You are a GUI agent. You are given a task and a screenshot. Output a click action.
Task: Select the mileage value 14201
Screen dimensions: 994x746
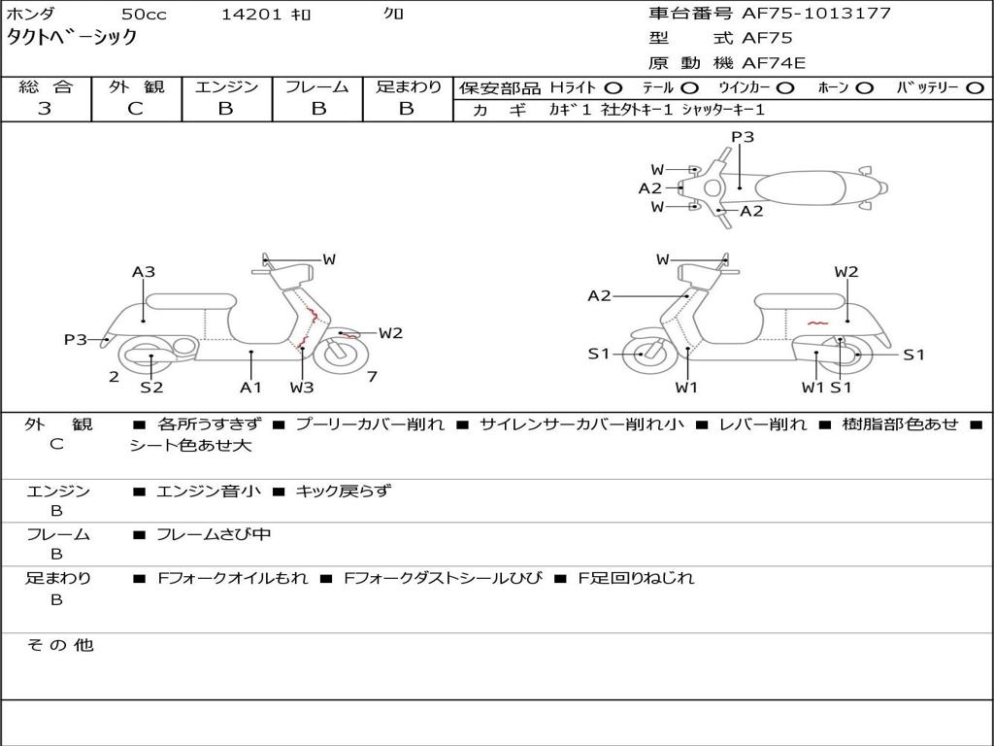[251, 15]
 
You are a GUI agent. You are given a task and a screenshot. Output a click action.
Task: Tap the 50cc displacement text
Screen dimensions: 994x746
[143, 15]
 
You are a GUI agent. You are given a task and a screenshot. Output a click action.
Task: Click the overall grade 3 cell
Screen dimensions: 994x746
[45, 109]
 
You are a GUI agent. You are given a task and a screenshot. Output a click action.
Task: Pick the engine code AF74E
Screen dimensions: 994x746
[774, 64]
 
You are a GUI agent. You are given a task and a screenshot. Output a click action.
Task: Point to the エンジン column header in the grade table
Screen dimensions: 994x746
[226, 87]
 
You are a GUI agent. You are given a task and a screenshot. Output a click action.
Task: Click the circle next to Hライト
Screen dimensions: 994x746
[613, 88]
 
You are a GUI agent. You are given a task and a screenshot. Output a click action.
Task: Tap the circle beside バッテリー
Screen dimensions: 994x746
[975, 88]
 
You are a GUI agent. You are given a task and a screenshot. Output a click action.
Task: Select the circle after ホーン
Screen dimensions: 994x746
[865, 88]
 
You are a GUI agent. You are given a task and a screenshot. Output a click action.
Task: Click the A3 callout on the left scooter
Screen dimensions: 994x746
[144, 272]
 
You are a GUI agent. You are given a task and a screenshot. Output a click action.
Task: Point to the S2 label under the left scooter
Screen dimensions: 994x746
[151, 387]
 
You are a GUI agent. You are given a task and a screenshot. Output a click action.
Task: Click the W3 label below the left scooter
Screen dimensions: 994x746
[302, 387]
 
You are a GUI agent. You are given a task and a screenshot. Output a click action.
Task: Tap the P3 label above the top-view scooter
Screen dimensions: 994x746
[743, 138]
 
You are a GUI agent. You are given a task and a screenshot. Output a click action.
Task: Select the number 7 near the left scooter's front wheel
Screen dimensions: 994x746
[372, 377]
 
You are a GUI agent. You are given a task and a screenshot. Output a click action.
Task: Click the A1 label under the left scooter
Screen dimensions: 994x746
[251, 387]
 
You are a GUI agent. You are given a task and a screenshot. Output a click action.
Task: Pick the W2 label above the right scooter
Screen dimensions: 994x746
[846, 272]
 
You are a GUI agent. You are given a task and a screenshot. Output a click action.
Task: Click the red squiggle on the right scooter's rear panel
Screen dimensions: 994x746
[816, 322]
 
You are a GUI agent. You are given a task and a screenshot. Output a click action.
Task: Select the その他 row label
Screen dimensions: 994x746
[59, 645]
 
